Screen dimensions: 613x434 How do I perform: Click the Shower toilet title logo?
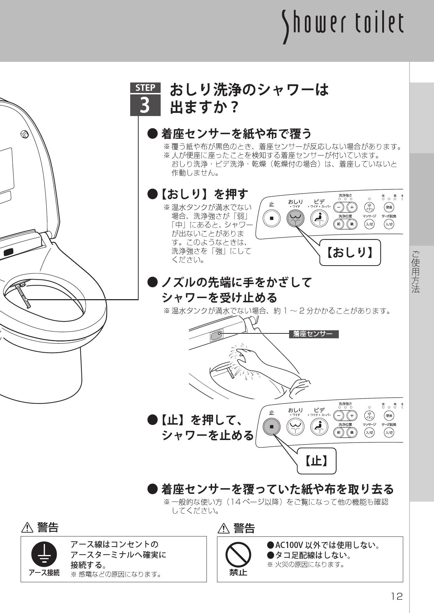(343, 24)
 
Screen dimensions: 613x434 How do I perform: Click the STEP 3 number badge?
(145, 100)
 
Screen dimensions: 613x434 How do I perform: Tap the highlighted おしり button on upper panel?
(296, 219)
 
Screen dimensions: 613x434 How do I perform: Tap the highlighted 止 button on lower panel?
(272, 427)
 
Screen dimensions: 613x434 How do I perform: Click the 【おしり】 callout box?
(350, 252)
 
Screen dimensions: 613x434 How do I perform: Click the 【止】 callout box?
(316, 461)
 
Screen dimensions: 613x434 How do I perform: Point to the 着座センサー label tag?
(314, 334)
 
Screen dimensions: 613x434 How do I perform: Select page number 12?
(397, 596)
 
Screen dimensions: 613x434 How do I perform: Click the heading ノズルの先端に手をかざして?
(236, 282)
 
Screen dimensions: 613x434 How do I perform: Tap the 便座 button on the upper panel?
(389, 207)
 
